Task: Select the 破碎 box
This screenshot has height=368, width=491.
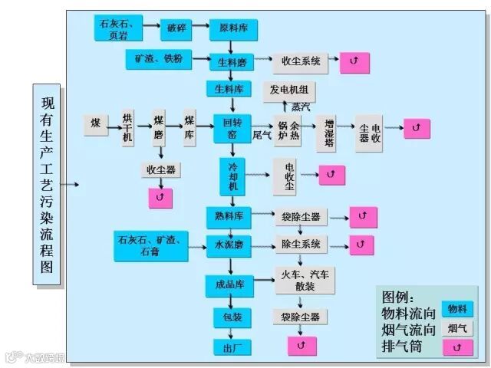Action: [x=173, y=30]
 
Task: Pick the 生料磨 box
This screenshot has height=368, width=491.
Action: [x=232, y=61]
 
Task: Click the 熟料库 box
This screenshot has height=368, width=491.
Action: [x=229, y=217]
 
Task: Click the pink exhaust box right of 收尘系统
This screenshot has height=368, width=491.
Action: [x=354, y=61]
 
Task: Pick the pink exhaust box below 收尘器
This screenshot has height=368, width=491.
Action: [x=160, y=198]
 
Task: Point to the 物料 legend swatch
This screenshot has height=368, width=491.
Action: [x=457, y=309]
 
